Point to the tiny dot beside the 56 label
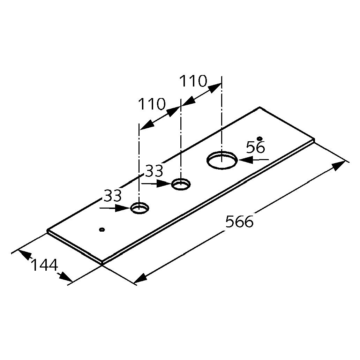260,138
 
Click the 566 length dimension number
239,221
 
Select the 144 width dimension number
44,265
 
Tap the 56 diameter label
255,147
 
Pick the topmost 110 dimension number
193,81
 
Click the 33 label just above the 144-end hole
112,195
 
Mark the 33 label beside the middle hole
154,171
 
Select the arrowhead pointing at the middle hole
164,183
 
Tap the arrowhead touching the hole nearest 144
122,208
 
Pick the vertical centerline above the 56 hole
222,119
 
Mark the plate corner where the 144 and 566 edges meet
102,262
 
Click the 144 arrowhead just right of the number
65,277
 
